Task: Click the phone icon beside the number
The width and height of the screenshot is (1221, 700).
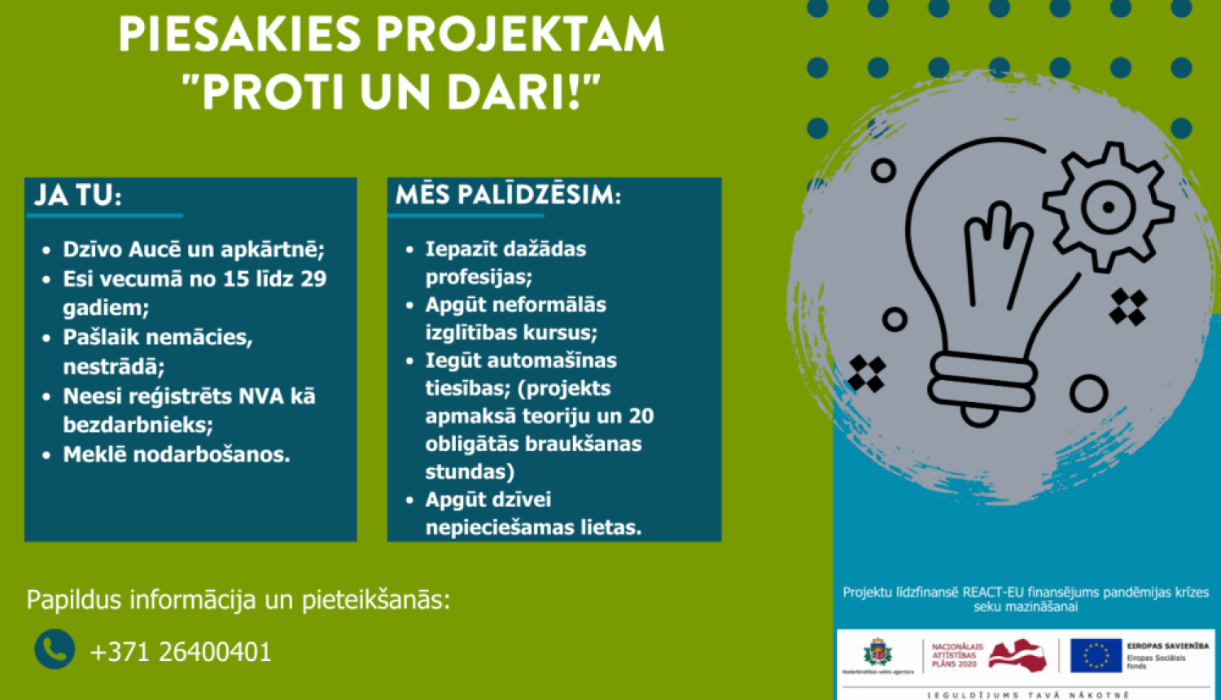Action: tap(55, 650)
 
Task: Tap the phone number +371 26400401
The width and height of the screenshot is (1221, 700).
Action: tap(181, 652)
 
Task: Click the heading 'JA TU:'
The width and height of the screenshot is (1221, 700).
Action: tap(77, 196)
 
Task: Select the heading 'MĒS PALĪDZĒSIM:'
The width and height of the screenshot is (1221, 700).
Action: tap(508, 195)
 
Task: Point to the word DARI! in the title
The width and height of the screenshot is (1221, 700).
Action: tap(524, 91)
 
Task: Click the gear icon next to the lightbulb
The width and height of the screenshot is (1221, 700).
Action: tap(1107, 207)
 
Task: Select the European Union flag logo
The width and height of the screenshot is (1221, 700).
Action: tap(1096, 654)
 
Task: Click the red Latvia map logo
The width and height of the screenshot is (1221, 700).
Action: tap(1017, 654)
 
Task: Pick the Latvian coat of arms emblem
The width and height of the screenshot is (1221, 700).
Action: tap(877, 653)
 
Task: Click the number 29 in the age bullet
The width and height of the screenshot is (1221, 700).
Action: tap(313, 279)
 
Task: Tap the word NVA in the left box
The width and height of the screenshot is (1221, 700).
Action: tap(247, 396)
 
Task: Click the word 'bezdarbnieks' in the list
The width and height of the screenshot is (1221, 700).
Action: tap(137, 425)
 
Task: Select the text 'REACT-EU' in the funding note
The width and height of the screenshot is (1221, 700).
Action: tap(993, 593)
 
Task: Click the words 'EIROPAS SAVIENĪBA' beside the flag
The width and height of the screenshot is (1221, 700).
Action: tap(1167, 645)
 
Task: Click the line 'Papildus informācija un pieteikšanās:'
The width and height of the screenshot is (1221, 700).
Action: tap(238, 600)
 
